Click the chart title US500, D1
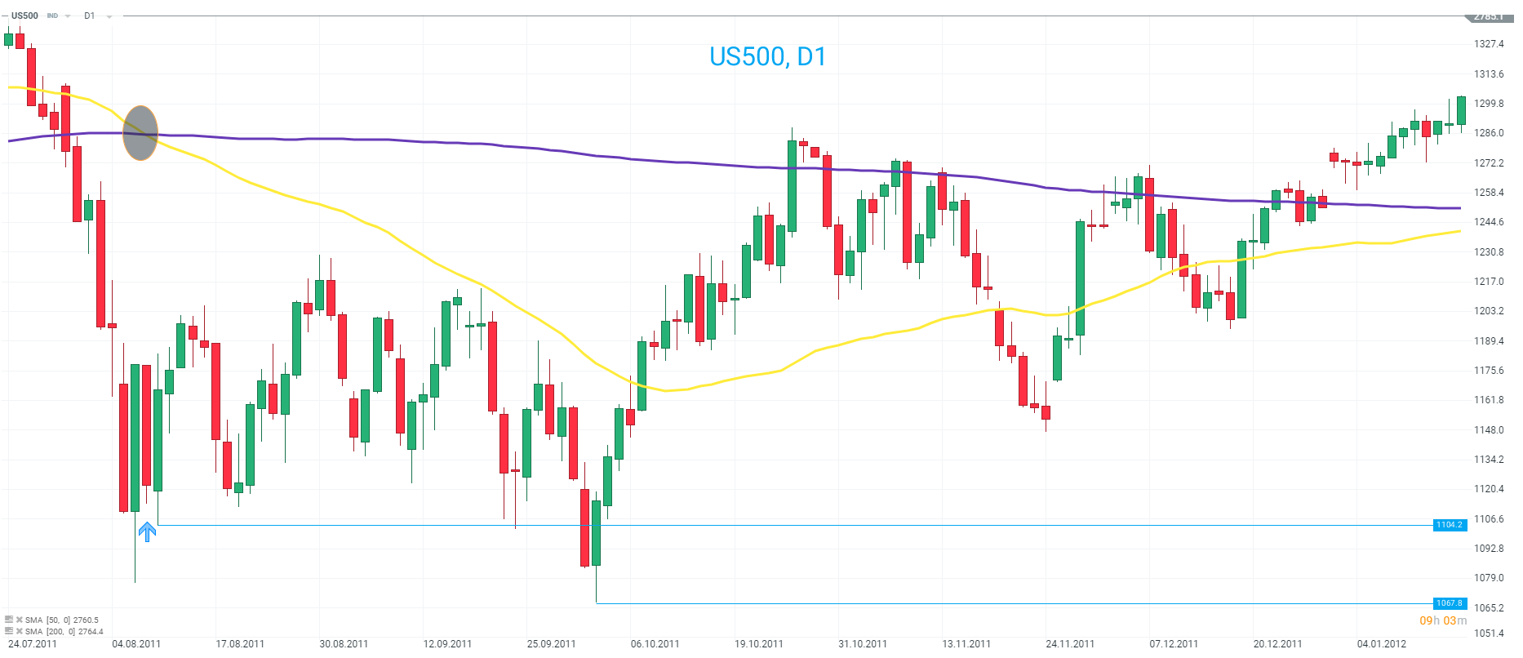[767, 56]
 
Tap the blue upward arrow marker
[147, 532]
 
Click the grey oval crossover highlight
[140, 132]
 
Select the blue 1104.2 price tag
[1450, 525]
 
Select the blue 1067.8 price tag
[1450, 603]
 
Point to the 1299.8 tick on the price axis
[1489, 104]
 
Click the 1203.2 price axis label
[1489, 311]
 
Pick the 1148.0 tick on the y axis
[1489, 430]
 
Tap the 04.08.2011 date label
[136, 644]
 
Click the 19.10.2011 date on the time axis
[759, 644]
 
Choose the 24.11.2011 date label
[1070, 644]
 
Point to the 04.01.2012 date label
[1382, 644]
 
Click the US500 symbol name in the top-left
[24, 16]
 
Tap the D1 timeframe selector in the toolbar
[90, 16]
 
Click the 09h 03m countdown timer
[1443, 621]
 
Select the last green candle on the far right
[1461, 110]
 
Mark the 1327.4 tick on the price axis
[1489, 44]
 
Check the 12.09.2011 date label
[447, 644]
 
